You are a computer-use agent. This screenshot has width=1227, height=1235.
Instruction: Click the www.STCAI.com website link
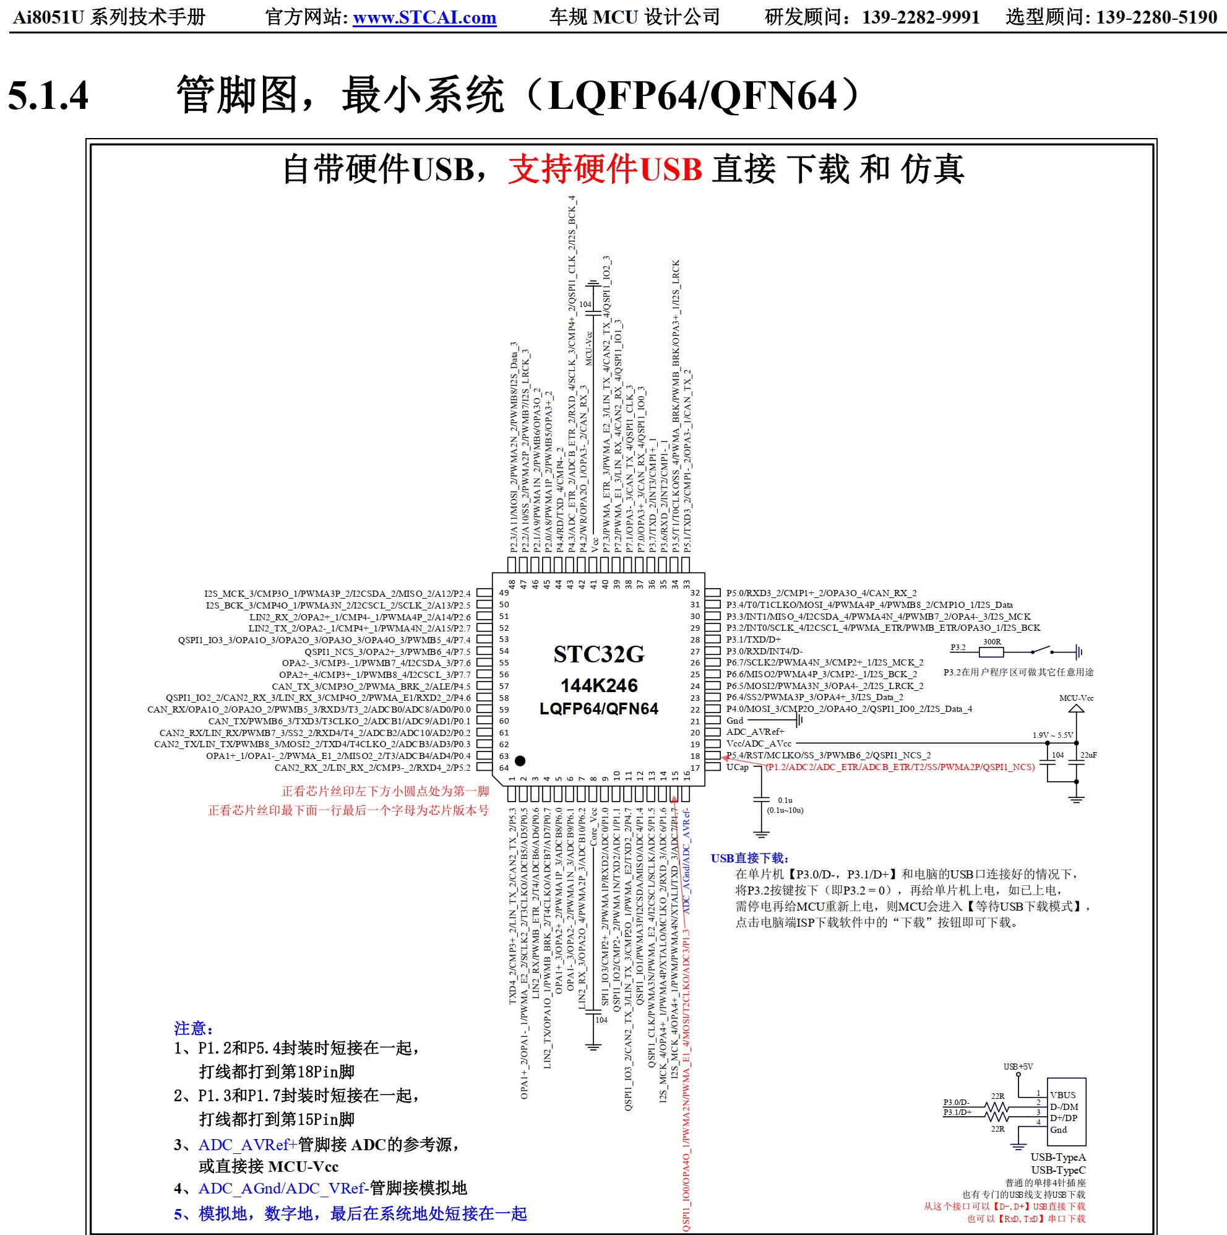pos(424,17)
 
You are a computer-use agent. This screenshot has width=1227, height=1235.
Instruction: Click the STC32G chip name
pos(599,654)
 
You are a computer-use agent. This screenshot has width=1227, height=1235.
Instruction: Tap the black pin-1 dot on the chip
pos(520,761)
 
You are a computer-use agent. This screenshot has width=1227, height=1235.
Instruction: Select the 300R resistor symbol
pos(991,652)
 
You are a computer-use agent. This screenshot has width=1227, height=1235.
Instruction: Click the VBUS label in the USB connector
pos(1063,1095)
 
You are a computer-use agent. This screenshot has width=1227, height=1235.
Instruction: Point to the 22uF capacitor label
pos(1088,755)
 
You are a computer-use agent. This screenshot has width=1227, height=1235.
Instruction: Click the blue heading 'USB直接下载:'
pos(749,859)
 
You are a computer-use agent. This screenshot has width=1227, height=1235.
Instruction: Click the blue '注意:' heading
pos(194,1028)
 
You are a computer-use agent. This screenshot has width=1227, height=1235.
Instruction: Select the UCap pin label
pos(737,767)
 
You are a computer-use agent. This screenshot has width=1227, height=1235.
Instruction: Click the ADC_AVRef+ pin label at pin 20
pos(755,732)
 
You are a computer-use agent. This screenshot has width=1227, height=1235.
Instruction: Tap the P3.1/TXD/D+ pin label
pos(754,639)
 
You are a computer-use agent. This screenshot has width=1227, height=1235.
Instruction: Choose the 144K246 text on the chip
pos(599,686)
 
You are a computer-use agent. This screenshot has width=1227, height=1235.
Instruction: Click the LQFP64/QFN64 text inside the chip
pos(599,709)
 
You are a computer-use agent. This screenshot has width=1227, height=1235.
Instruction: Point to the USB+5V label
pos(1018,1067)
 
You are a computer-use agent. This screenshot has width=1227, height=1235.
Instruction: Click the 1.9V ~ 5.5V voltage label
pos(1053,735)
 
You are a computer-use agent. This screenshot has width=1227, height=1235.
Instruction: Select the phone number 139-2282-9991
pos(920,17)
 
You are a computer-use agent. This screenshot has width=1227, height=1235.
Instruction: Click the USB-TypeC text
pos(1058,1170)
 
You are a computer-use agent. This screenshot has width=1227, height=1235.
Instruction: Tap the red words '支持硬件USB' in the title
pos(605,170)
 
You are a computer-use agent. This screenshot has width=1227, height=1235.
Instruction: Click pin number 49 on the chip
pos(504,593)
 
